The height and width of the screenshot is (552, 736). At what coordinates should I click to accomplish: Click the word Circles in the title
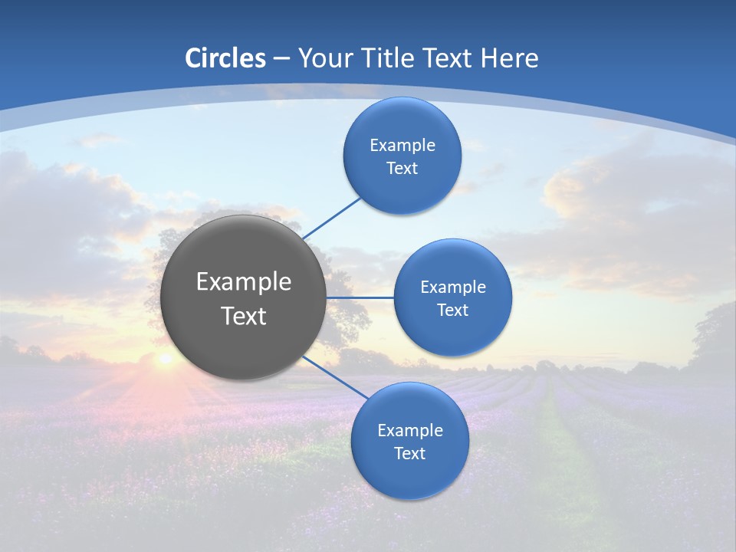point(225,58)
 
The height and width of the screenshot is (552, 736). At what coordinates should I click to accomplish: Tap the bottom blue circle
point(409,479)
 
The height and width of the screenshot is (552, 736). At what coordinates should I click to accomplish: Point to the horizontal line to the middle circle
point(360,297)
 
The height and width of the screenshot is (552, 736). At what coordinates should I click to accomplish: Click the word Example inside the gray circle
point(243,282)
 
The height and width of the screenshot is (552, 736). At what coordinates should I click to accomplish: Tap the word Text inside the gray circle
point(243,316)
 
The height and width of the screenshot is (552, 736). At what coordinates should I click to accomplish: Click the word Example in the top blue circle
point(402,146)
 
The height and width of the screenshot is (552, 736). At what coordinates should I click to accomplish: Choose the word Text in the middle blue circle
point(452,310)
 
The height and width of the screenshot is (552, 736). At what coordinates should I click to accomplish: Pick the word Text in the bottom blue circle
point(409,453)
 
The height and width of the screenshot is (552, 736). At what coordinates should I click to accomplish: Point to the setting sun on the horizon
point(164,358)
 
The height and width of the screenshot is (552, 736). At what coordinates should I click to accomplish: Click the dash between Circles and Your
point(281,58)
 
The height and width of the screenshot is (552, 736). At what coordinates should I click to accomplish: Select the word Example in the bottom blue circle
point(409,430)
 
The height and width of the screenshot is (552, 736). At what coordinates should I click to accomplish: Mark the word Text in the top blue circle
point(402,169)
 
